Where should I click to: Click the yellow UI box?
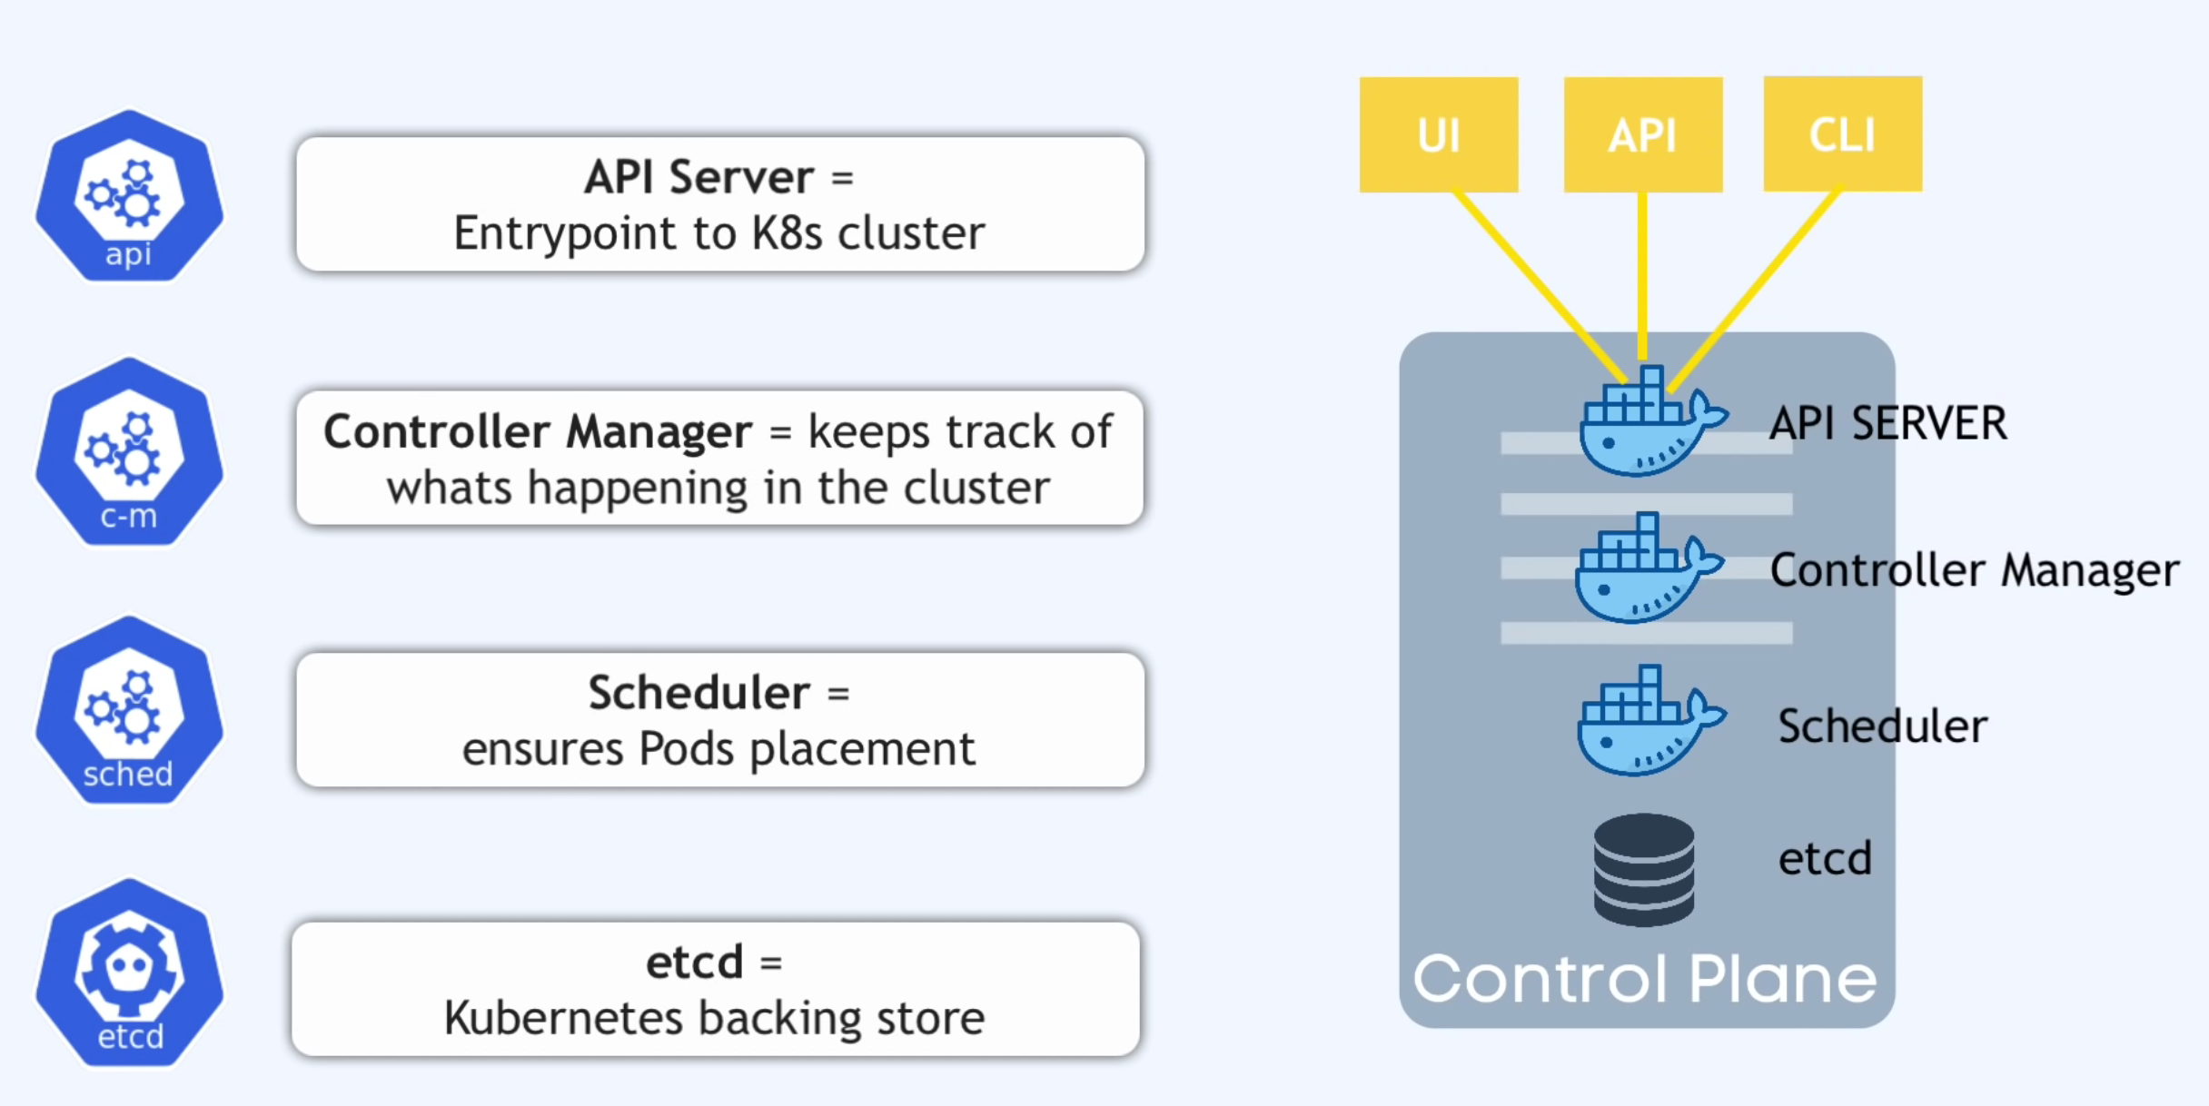pos(1439,134)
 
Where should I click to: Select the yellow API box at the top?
pos(1643,134)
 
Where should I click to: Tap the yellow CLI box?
pos(1843,133)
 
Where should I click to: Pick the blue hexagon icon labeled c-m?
pos(129,452)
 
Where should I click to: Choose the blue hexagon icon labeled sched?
pos(129,711)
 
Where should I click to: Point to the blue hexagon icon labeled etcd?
pos(129,973)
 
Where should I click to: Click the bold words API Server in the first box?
pos(698,177)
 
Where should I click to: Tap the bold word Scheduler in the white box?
pos(698,693)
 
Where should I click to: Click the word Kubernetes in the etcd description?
pos(563,1018)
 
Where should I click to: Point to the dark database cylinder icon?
pos(1643,870)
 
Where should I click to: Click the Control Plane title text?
pos(1644,979)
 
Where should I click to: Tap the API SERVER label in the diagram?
pos(1888,424)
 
